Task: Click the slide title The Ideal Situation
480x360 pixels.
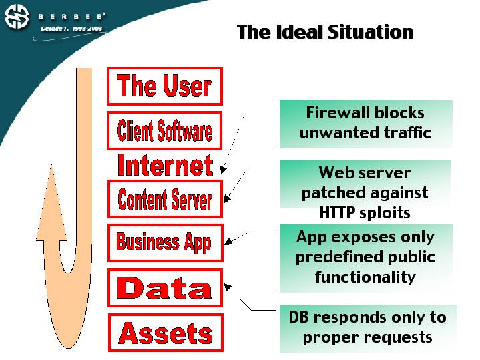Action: (325, 32)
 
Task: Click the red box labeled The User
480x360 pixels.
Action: (164, 86)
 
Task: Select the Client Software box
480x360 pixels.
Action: (164, 130)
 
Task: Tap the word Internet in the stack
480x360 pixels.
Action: (165, 165)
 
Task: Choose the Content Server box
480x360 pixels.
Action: (165, 199)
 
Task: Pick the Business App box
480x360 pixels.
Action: (164, 242)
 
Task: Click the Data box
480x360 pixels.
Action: (164, 288)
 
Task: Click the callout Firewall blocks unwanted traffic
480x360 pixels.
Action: (365, 123)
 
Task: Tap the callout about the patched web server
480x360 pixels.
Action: (365, 193)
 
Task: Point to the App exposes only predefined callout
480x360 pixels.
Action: (365, 257)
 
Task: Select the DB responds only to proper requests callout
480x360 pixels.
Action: (367, 327)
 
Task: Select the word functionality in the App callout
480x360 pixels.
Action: (365, 277)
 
